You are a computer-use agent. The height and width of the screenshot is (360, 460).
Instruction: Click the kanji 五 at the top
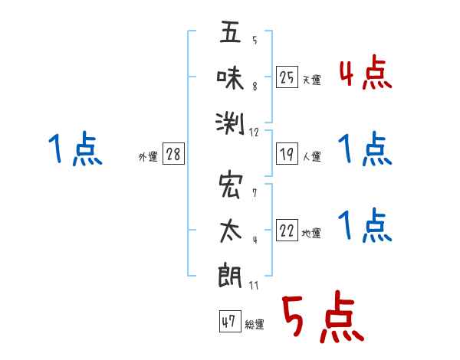(x=230, y=31)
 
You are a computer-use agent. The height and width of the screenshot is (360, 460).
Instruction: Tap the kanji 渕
(x=230, y=123)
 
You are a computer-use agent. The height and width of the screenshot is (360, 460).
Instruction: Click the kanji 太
(x=231, y=231)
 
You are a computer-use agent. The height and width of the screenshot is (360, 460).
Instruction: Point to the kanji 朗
(x=230, y=277)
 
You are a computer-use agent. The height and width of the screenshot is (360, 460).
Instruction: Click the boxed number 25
(x=287, y=77)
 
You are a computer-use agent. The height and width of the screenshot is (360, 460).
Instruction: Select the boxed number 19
(x=287, y=154)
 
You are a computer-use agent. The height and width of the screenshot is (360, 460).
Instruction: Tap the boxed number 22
(x=287, y=230)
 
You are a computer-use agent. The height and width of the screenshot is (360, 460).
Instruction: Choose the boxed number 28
(x=173, y=154)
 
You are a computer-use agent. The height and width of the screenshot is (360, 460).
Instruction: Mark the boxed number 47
(x=230, y=321)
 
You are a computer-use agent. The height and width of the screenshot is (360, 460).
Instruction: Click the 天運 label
(x=312, y=80)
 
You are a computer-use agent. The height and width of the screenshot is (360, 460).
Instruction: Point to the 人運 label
(x=312, y=156)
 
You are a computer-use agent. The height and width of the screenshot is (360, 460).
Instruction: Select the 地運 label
(x=311, y=233)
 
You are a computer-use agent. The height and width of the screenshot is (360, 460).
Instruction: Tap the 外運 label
(x=148, y=156)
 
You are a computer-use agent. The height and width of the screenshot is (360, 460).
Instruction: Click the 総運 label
(x=255, y=324)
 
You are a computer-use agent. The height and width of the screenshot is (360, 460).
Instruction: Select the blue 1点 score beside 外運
(x=75, y=149)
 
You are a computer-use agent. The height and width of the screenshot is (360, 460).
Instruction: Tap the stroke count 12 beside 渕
(x=254, y=133)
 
